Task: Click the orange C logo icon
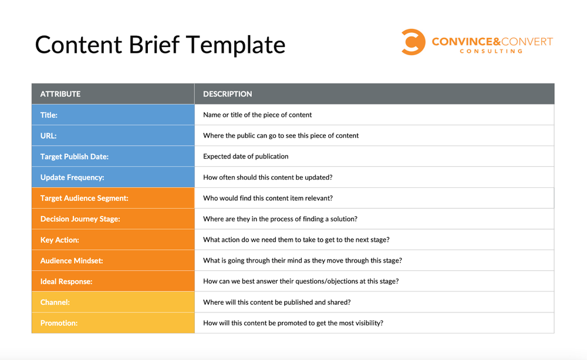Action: point(413,42)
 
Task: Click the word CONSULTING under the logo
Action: point(491,52)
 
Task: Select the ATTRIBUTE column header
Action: point(60,94)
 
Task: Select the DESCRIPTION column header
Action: point(228,94)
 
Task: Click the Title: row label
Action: point(49,115)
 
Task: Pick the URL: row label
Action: point(48,136)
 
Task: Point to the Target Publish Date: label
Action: point(75,157)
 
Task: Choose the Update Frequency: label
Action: point(72,177)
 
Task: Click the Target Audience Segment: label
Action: point(84,198)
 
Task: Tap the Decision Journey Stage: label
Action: point(80,219)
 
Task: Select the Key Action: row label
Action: point(59,240)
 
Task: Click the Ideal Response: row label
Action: point(66,282)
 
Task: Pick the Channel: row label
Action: point(55,302)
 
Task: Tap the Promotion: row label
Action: point(59,323)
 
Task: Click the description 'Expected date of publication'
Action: point(246,157)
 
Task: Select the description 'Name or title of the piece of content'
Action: point(258,115)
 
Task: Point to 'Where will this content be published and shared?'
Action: point(277,302)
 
